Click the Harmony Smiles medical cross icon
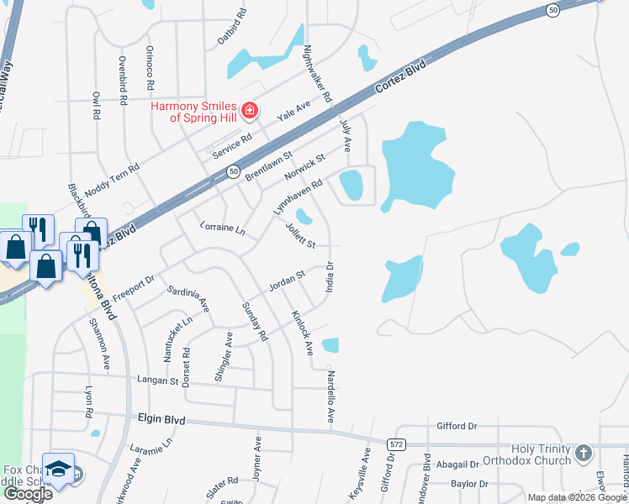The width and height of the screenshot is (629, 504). tap(249, 110)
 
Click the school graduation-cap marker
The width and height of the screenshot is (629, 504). tap(59, 469)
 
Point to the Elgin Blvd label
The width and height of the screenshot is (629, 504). tap(162, 418)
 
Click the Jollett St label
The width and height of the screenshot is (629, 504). tap(299, 235)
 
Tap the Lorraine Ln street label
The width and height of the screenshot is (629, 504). tap(222, 228)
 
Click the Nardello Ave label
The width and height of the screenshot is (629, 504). tap(330, 395)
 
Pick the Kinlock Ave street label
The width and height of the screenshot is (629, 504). tap(302, 332)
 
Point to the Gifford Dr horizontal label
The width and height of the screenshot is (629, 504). tap(457, 426)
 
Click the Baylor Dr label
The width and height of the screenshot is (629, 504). tap(469, 484)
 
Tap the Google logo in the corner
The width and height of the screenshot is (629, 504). tap(27, 494)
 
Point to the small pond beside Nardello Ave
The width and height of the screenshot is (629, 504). tap(330, 344)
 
